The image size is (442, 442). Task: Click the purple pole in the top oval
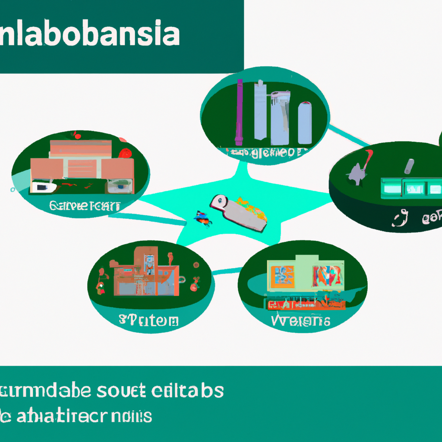239,112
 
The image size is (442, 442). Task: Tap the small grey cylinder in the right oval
408,166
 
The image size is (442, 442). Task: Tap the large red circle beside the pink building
125,153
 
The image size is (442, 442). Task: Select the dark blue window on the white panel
42,187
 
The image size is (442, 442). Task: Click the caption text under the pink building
85,206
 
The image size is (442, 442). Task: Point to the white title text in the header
90,35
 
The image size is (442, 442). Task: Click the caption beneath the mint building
301,320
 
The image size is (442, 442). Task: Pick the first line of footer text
112,391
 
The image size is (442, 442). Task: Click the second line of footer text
78,417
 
